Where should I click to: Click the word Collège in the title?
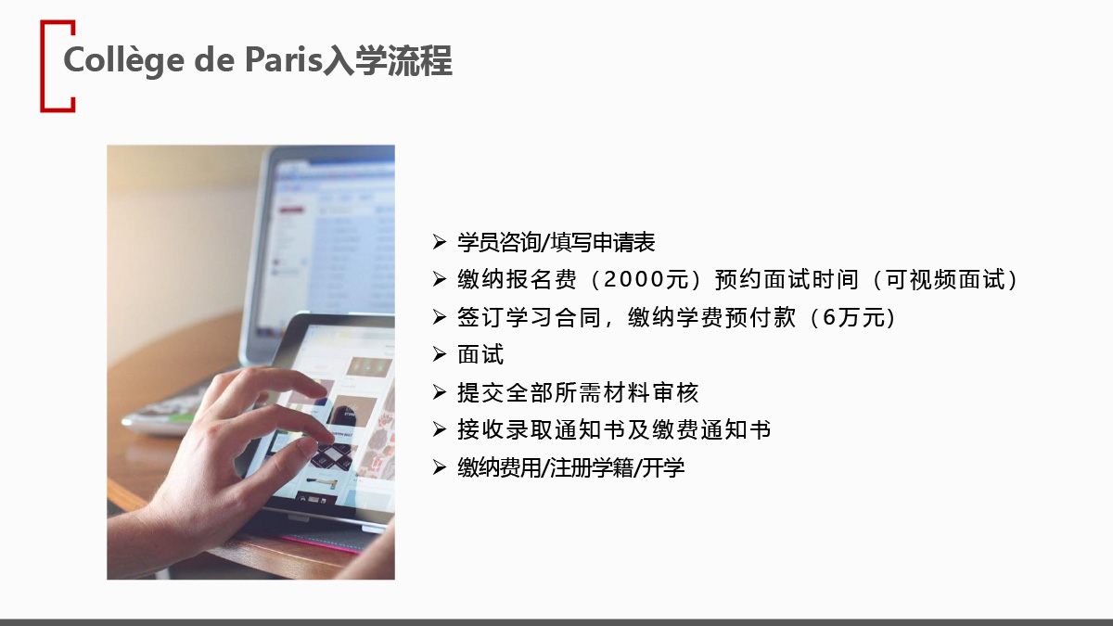(x=124, y=60)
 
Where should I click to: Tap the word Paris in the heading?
(x=284, y=60)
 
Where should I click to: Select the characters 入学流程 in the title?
(x=388, y=60)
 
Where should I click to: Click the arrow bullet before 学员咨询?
(x=439, y=242)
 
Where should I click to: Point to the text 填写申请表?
(x=602, y=242)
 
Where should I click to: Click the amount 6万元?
(x=853, y=317)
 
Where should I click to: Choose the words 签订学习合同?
(x=529, y=317)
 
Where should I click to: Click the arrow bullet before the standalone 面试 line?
(x=439, y=354)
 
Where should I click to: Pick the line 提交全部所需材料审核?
(x=578, y=392)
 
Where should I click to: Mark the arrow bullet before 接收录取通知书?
(x=439, y=429)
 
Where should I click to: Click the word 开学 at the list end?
(x=663, y=467)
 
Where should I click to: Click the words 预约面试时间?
(x=787, y=280)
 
